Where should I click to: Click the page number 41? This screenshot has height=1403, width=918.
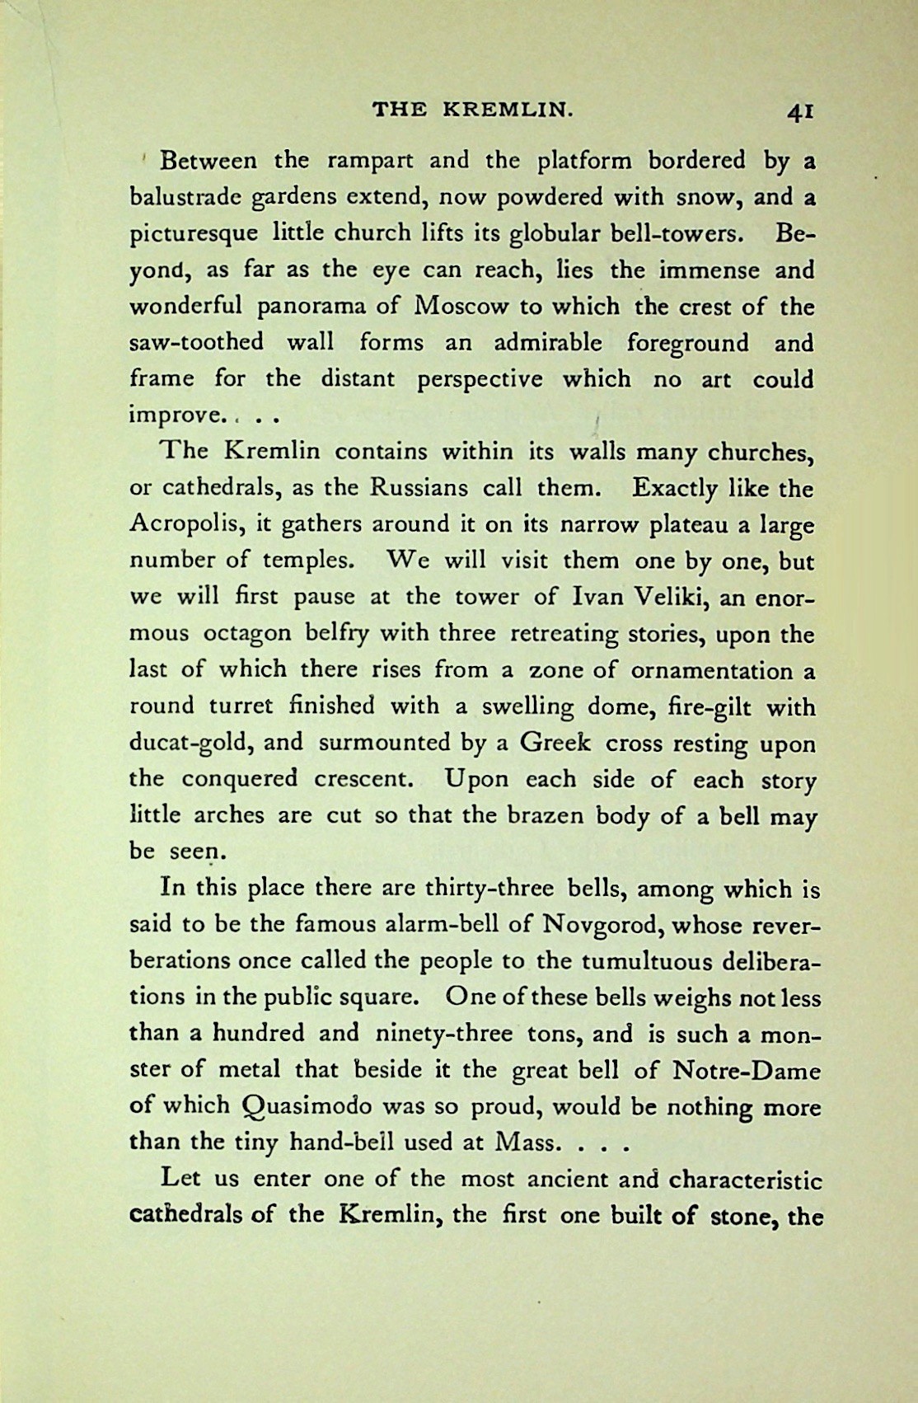800,111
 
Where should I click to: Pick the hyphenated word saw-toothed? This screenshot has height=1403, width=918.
197,342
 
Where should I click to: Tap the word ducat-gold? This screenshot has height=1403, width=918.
193,744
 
